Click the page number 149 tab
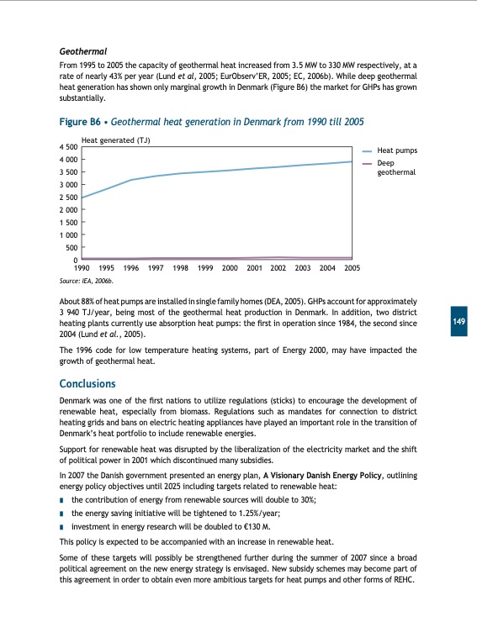(x=459, y=323)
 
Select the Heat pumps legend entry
(x=397, y=150)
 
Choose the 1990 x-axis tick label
(x=82, y=267)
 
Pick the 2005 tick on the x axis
(x=352, y=267)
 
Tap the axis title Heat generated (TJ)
(x=115, y=140)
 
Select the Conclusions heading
(x=93, y=384)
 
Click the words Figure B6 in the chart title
(x=82, y=122)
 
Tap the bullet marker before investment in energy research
(x=63, y=524)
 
